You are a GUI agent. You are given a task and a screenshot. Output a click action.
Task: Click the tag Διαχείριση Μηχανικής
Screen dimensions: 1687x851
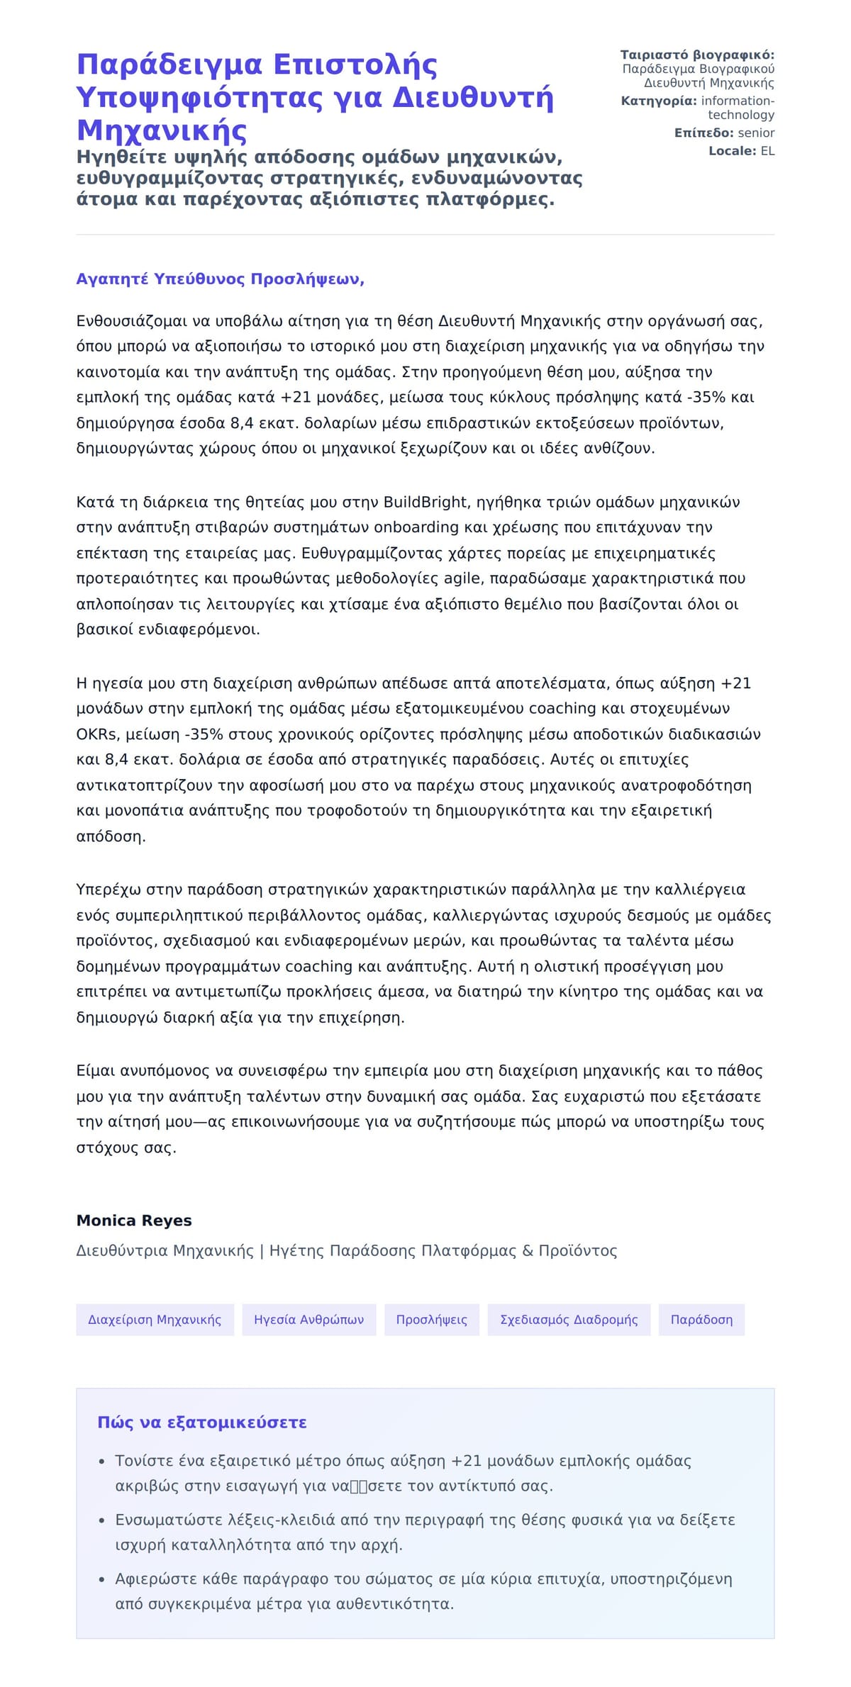155,1320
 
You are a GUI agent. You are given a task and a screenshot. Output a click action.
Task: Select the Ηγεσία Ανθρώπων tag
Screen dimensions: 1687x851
308,1320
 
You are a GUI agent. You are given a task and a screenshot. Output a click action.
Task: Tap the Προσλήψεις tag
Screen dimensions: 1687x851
431,1320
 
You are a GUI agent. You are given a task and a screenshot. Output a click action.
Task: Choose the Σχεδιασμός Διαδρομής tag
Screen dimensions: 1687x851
569,1320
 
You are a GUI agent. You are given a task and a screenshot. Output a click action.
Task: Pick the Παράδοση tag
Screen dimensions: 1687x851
701,1320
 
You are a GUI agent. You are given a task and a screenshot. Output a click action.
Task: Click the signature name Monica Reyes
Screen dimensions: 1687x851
134,1221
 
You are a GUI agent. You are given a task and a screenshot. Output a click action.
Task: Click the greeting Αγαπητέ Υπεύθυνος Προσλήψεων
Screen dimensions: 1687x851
220,279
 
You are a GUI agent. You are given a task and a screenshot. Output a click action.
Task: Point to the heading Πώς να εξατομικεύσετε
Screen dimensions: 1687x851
202,1423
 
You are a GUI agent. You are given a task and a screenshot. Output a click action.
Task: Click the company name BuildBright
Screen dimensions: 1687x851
425,503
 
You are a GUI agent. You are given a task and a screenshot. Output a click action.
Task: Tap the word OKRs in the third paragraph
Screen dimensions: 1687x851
96,734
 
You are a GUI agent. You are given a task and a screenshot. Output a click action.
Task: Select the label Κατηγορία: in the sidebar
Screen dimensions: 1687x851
658,101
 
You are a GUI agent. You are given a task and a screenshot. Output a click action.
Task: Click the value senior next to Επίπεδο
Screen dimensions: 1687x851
756,133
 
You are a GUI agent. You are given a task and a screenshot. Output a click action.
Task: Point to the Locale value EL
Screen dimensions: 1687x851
767,151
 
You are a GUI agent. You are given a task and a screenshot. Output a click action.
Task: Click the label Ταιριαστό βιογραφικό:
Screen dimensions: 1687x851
697,55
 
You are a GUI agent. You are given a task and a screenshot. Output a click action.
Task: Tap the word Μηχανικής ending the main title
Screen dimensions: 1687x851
162,130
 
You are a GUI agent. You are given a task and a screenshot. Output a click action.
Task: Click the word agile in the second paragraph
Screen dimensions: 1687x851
462,578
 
